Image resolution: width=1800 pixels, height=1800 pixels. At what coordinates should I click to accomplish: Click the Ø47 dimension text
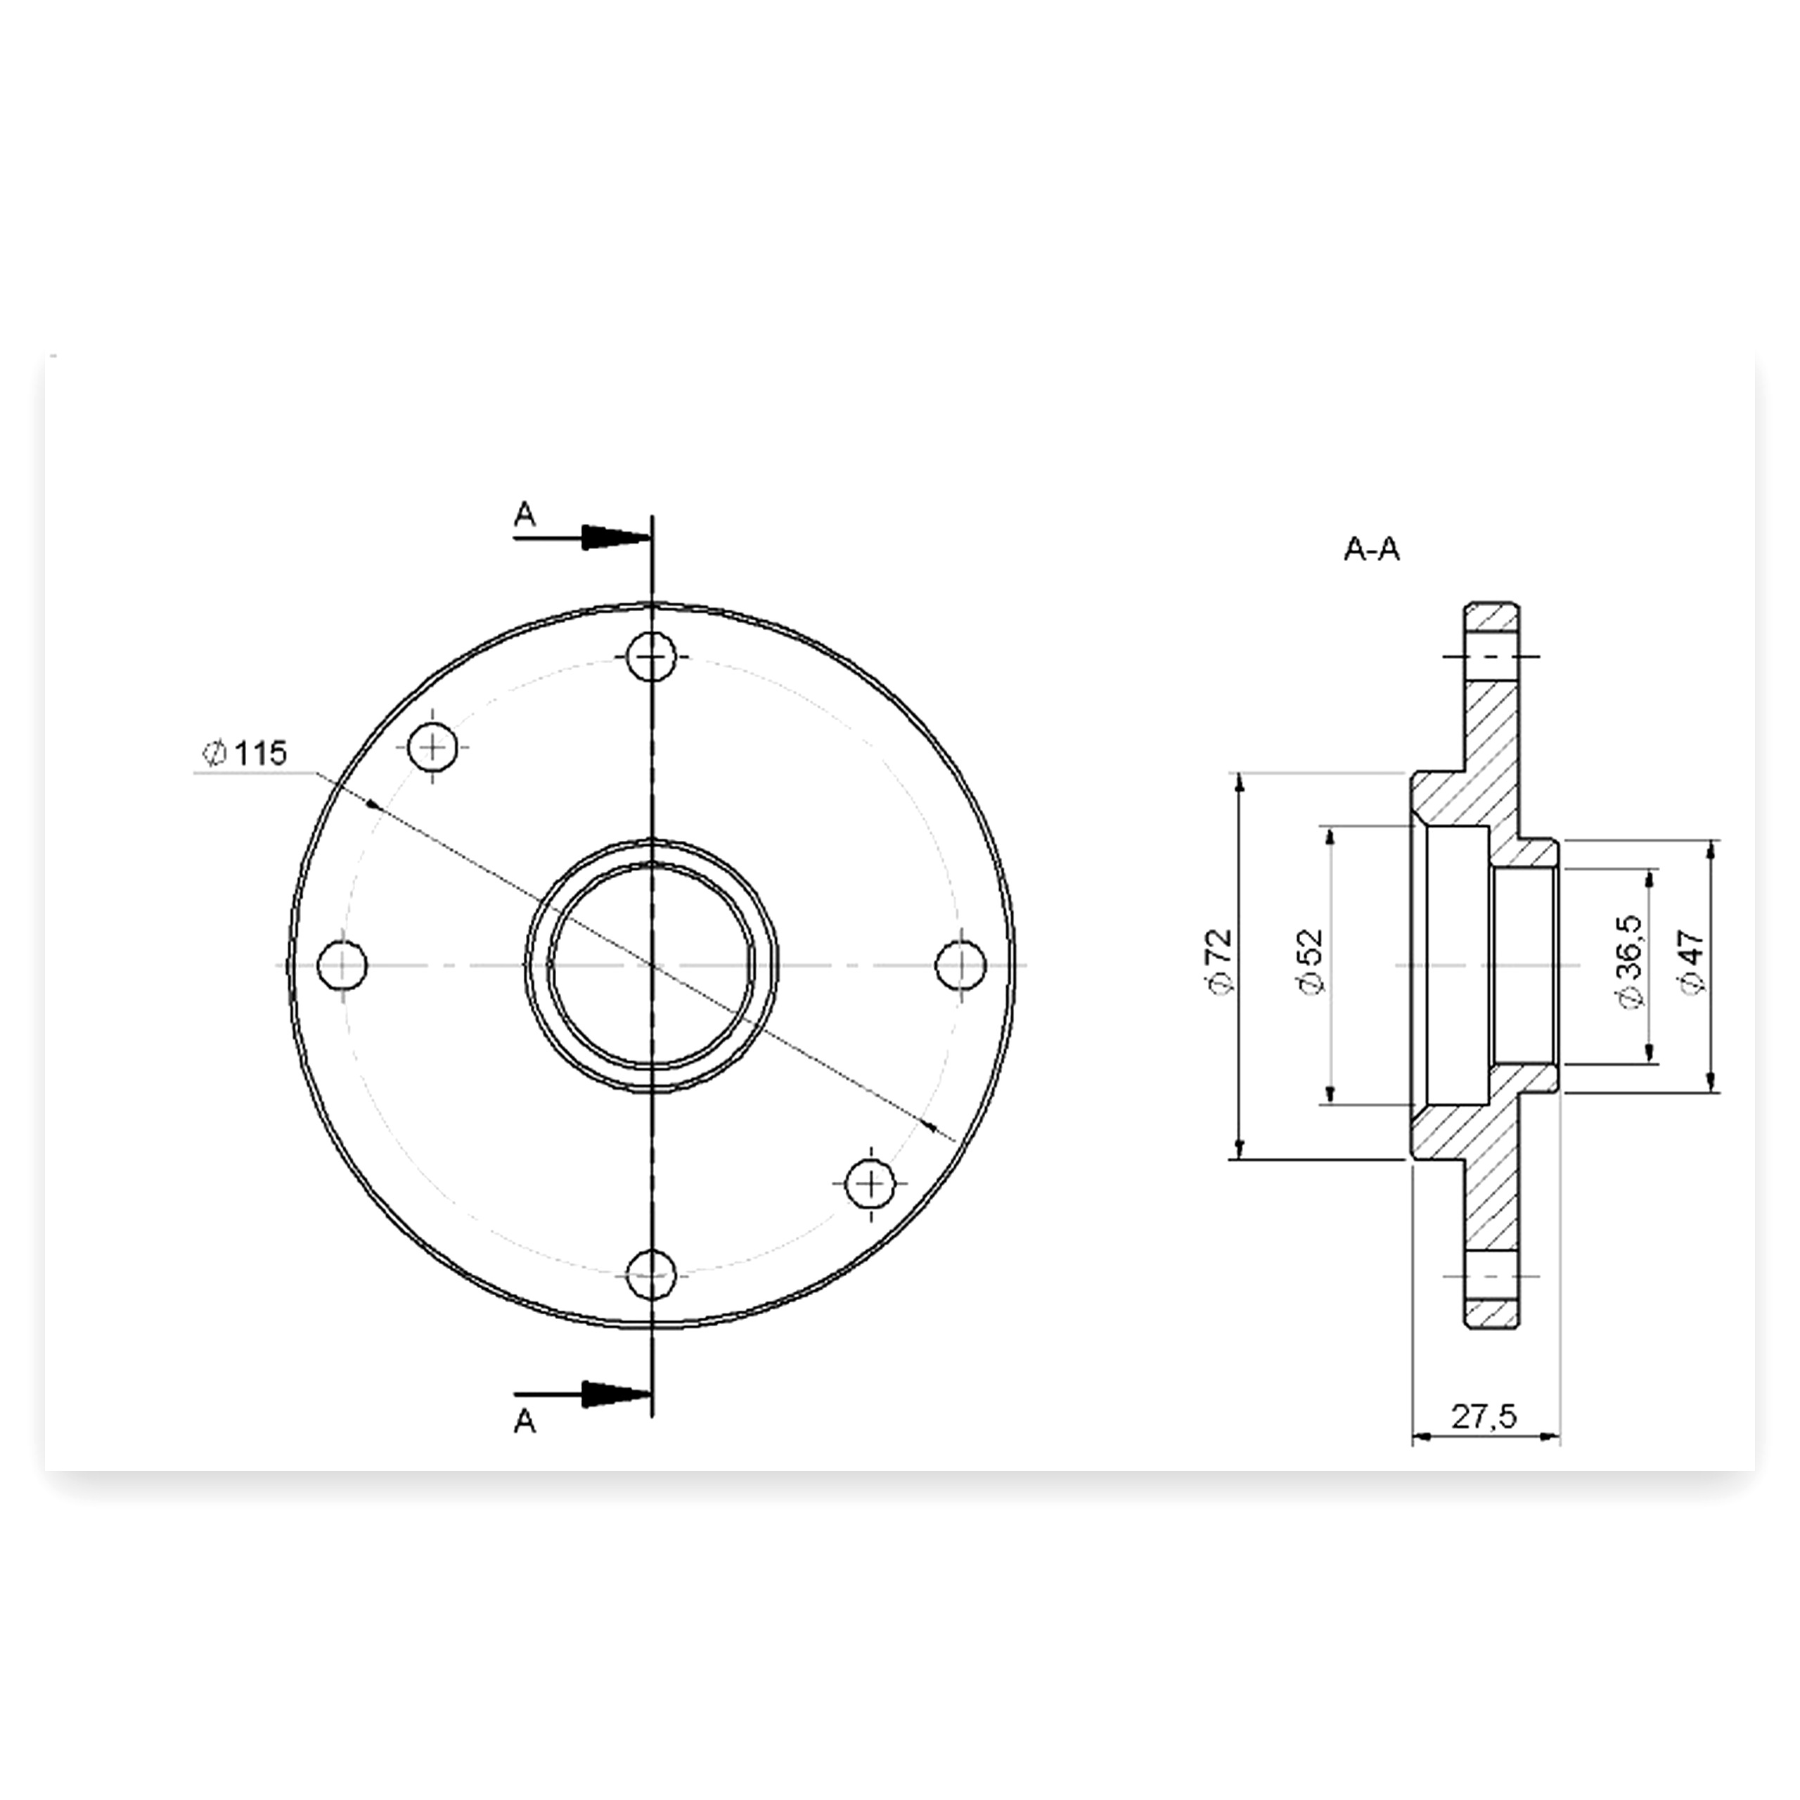tap(1692, 963)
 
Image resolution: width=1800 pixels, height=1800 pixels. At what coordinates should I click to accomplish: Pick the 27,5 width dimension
tap(1485, 1417)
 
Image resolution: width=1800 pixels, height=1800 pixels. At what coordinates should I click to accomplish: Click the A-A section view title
tap(1371, 550)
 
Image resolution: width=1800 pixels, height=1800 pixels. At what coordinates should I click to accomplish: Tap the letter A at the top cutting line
tap(525, 513)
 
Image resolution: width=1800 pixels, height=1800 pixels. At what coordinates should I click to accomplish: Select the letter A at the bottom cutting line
tap(525, 1422)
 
